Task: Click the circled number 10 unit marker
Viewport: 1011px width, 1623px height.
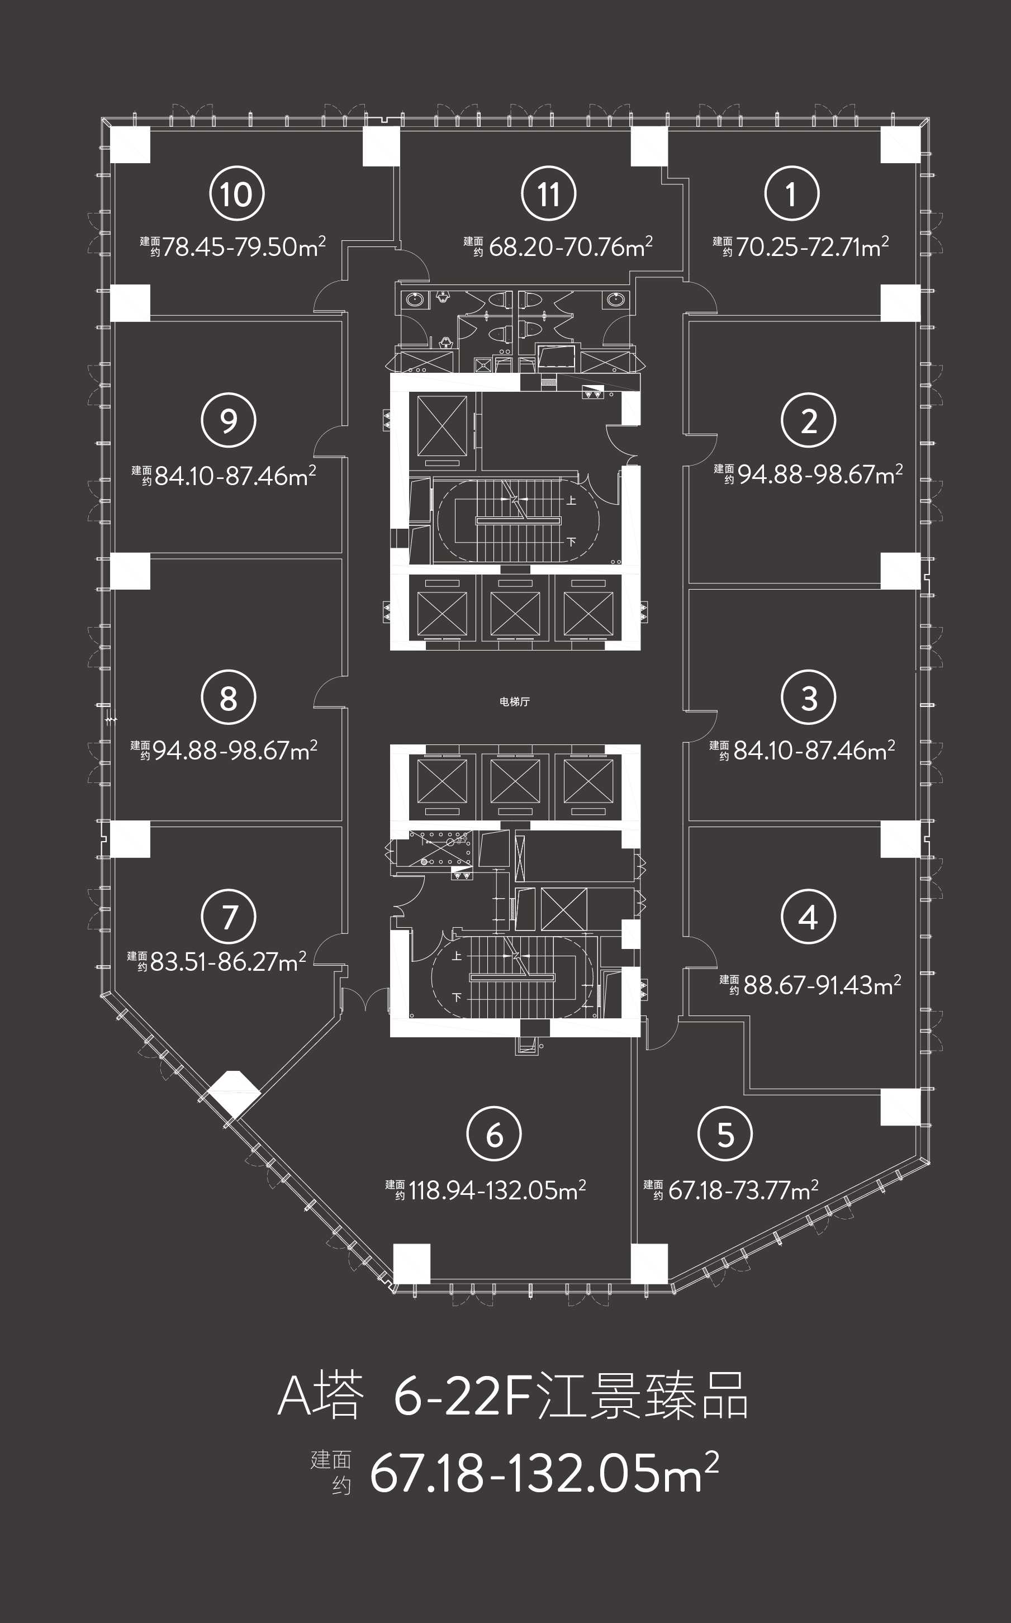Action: pyautogui.click(x=237, y=193)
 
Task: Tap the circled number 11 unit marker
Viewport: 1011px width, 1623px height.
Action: pyautogui.click(x=548, y=193)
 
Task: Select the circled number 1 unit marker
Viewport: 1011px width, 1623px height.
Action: pyautogui.click(x=792, y=193)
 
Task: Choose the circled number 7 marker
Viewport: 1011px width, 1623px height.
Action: pyautogui.click(x=229, y=917)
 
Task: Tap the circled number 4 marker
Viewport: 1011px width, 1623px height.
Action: pyautogui.click(x=808, y=917)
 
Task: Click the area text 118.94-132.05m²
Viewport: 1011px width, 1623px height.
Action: pyautogui.click(x=497, y=1190)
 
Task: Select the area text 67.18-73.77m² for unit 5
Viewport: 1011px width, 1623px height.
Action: pyautogui.click(x=743, y=1190)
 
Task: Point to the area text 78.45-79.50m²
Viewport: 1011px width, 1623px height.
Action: pyautogui.click(x=244, y=246)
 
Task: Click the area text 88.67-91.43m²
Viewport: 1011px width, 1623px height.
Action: pyautogui.click(x=823, y=985)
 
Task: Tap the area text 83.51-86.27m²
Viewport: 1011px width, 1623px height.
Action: pyautogui.click(x=228, y=961)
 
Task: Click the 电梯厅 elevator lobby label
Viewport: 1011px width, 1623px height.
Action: pyautogui.click(x=514, y=701)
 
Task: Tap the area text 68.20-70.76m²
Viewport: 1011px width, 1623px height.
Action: pyautogui.click(x=571, y=246)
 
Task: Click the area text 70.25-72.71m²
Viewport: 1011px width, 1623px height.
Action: pyautogui.click(x=813, y=246)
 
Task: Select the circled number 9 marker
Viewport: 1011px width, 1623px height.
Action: pyautogui.click(x=229, y=420)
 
